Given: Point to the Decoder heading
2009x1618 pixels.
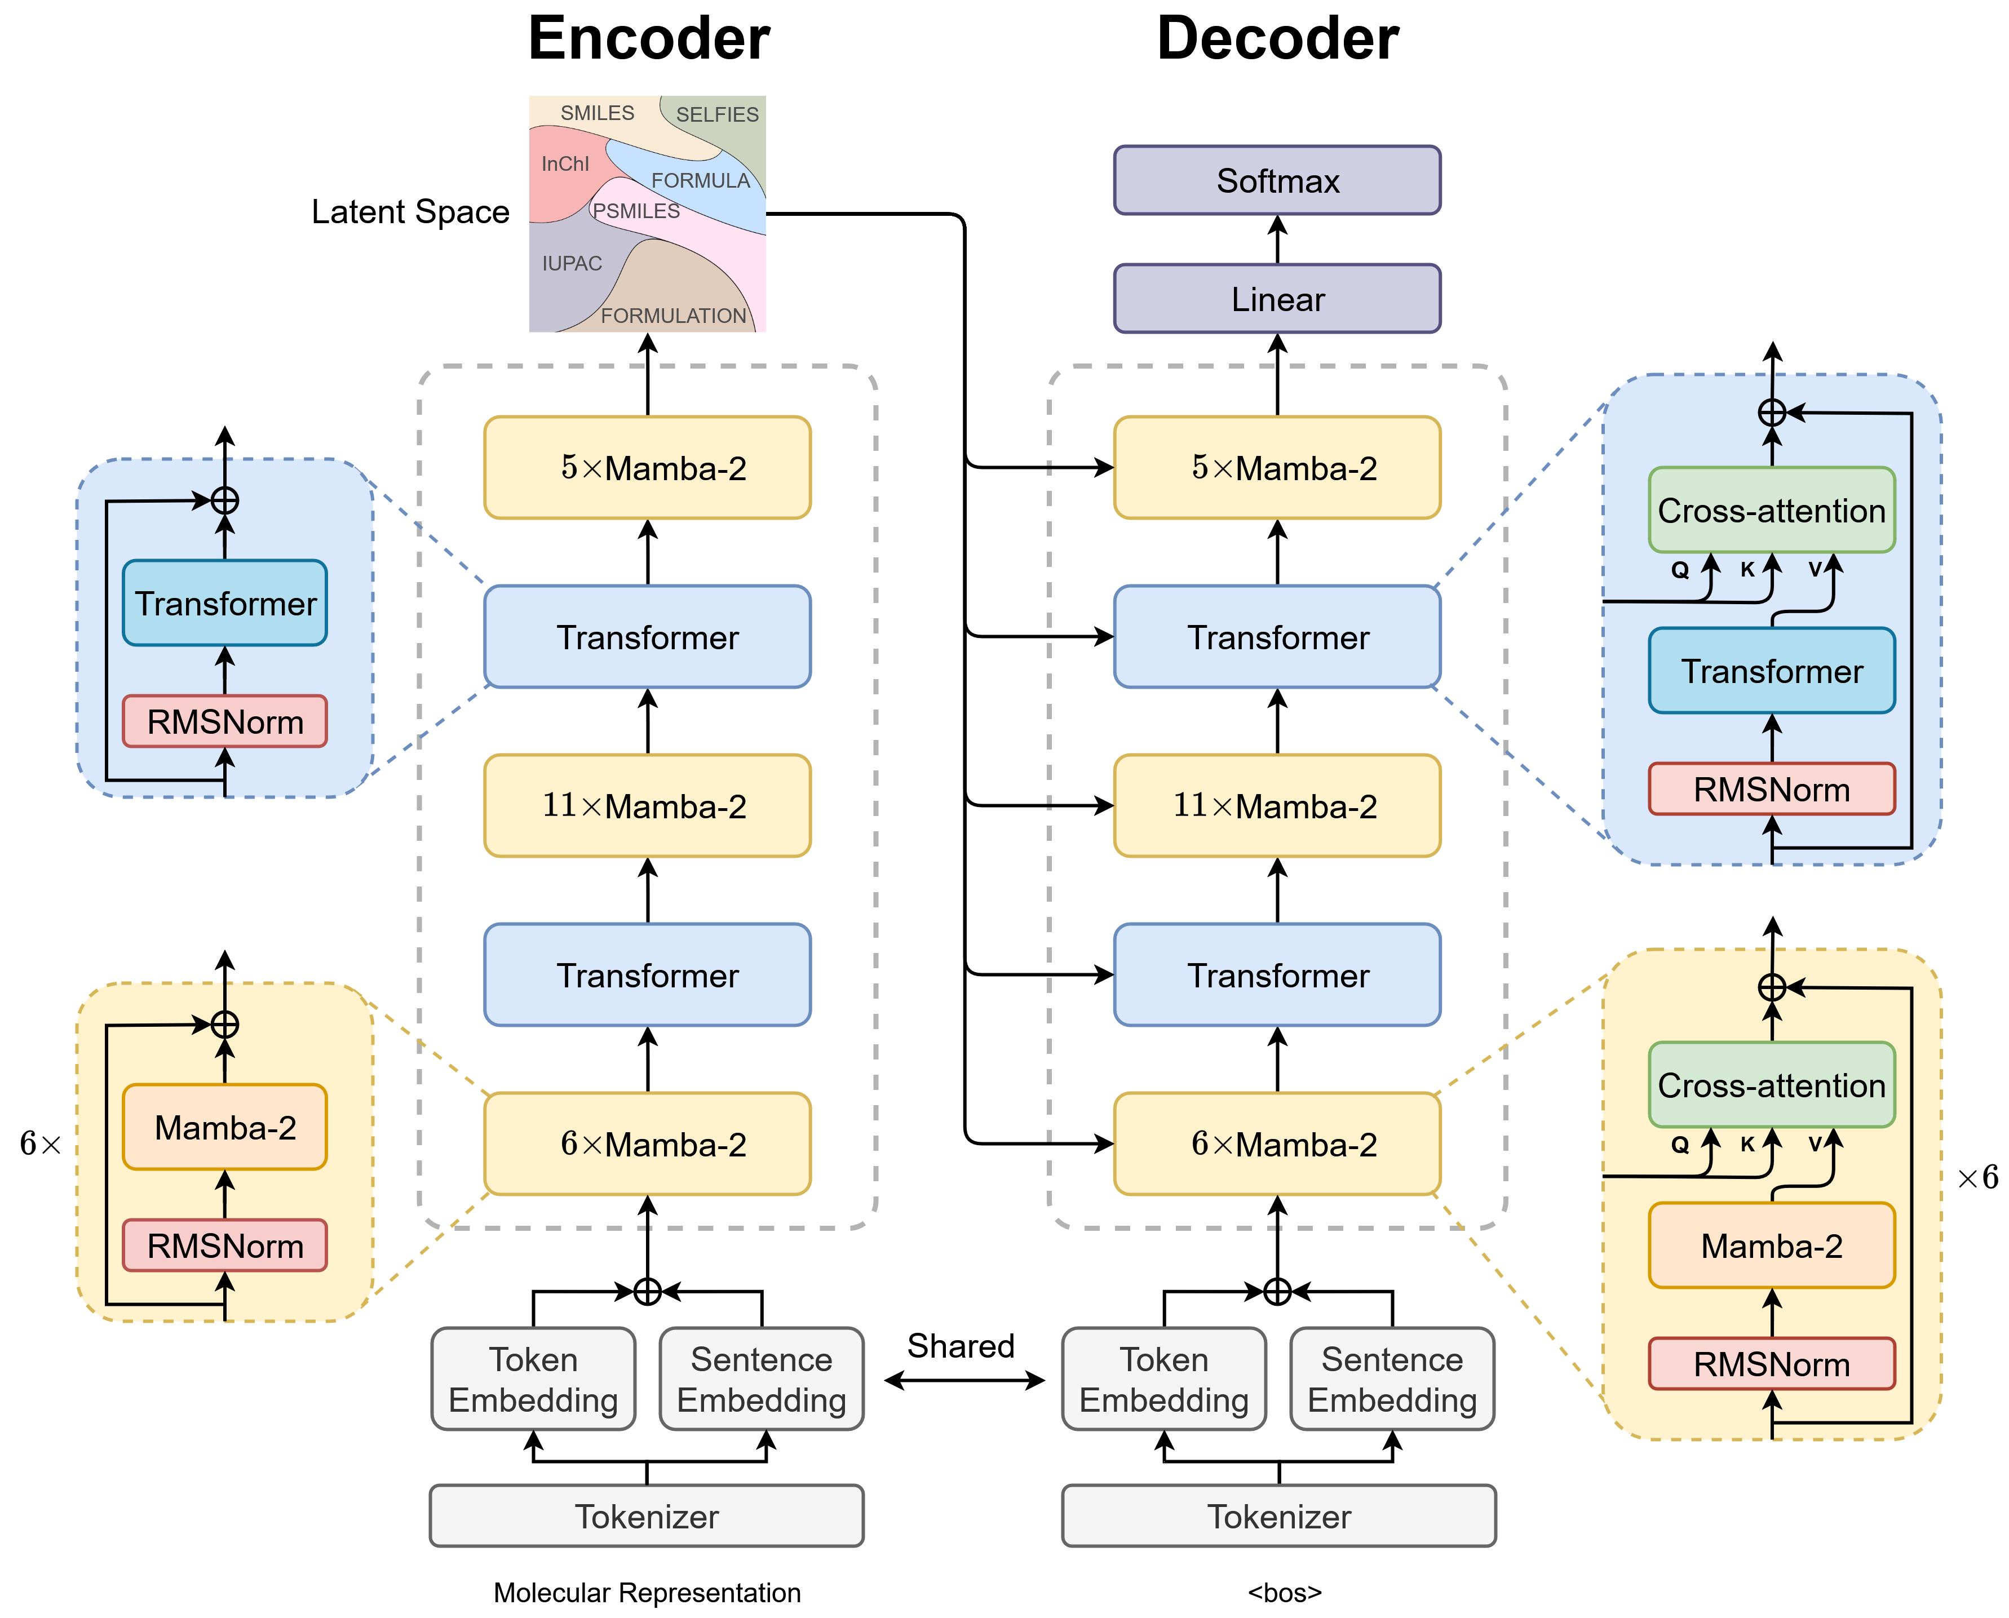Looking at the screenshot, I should click(x=1277, y=38).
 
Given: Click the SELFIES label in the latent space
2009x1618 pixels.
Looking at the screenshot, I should click(x=717, y=114).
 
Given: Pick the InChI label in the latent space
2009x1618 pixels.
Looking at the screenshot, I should click(x=565, y=164).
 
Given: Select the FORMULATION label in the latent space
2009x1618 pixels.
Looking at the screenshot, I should click(x=673, y=316).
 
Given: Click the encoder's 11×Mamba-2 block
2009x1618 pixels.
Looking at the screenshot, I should click(x=647, y=805).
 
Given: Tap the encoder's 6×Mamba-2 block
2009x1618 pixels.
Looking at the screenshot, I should click(x=647, y=1143).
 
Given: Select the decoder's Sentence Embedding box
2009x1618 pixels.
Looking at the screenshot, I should click(x=1392, y=1380).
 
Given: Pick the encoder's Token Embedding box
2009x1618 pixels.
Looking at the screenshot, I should click(x=533, y=1380).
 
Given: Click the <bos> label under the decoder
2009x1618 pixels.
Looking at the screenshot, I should click(x=1285, y=1593).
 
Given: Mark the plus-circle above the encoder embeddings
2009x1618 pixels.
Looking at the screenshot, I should click(x=647, y=1291).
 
